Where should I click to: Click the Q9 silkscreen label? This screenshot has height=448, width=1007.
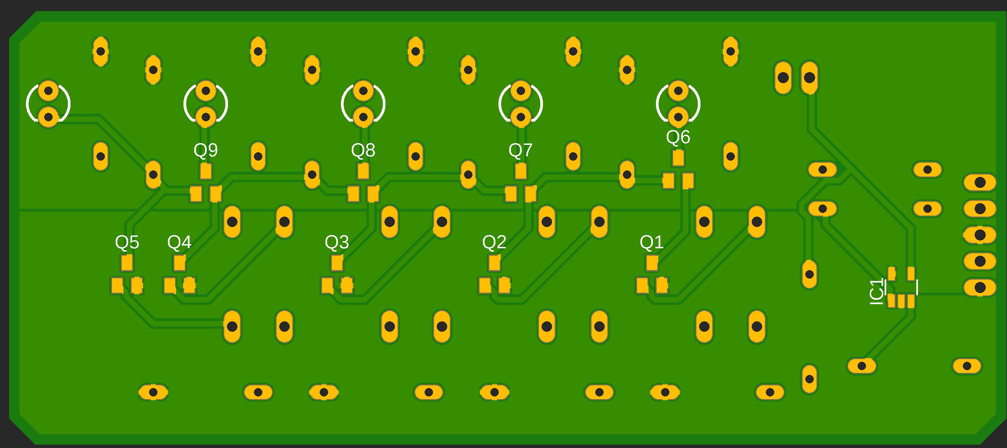coord(206,150)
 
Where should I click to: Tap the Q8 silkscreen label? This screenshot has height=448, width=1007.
coord(363,150)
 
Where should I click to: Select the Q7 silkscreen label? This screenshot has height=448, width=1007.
coord(520,150)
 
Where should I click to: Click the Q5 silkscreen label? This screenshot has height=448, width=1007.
coord(127,243)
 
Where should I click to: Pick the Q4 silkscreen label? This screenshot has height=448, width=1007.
coord(179,243)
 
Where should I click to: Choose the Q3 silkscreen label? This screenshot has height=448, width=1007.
coord(337,243)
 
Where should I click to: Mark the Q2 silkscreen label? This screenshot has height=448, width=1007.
coord(494,243)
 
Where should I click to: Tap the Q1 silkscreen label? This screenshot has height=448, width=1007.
coord(652,243)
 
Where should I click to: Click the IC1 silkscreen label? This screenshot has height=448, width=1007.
coord(876,291)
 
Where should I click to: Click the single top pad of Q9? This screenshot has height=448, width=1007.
coord(206,171)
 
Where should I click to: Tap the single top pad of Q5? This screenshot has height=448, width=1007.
coord(127,263)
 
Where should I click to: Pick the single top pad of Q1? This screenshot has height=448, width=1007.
coord(652,263)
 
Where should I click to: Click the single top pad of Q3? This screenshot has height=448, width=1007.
coord(337,263)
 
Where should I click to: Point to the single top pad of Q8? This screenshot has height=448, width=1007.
coord(363,171)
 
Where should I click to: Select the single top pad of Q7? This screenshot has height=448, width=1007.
coord(521,171)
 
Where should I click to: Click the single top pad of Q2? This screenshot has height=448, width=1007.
coord(494,263)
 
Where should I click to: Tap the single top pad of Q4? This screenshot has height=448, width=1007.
coord(179,263)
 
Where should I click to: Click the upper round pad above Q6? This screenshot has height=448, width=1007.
coord(678,91)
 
